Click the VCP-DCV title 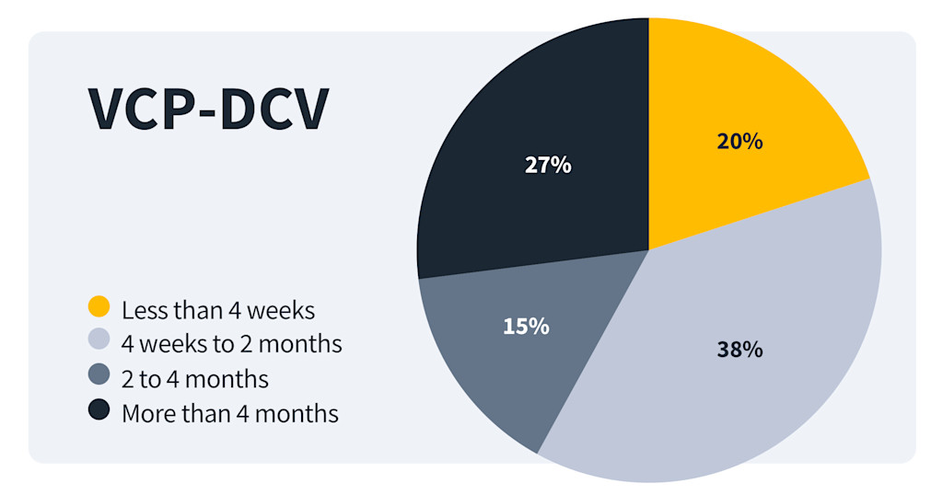click(x=207, y=109)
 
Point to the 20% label click(x=739, y=142)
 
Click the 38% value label click(x=739, y=350)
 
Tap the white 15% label click(x=526, y=326)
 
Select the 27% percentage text click(x=548, y=166)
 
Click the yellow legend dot click(x=99, y=306)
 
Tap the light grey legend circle click(x=99, y=341)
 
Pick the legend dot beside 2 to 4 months click(x=99, y=376)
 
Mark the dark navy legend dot click(x=99, y=411)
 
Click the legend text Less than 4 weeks click(x=218, y=310)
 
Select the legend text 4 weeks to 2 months click(x=231, y=344)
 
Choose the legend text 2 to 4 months click(x=195, y=379)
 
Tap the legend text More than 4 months click(x=230, y=414)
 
